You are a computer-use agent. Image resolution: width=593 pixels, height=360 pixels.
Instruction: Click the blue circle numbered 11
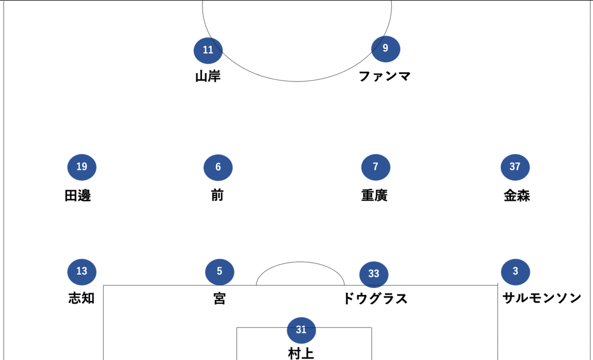208,50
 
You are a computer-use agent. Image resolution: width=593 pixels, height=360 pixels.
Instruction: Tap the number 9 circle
385,48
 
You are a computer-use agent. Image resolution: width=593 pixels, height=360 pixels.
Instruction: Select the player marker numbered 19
82,167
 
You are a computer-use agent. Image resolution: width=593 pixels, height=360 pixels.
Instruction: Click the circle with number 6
218,167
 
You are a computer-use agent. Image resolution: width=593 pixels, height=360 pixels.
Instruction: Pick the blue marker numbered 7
376,167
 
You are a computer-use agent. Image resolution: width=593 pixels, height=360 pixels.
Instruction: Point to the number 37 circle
515,167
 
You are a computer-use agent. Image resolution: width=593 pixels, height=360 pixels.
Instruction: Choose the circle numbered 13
82,271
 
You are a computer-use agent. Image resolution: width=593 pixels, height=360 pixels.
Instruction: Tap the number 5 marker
219,271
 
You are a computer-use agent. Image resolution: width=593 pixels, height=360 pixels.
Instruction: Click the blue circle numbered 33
374,274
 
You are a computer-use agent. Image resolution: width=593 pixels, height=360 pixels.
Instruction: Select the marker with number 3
515,271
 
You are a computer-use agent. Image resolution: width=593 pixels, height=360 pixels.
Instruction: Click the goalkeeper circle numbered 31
301,330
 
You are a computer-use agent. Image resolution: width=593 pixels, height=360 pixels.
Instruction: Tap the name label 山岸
208,77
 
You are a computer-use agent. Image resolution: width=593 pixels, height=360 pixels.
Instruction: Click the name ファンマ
384,77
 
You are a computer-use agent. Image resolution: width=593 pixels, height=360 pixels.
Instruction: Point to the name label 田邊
78,196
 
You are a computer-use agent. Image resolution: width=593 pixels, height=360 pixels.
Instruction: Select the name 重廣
374,196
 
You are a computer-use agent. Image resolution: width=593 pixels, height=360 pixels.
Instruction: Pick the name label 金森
517,196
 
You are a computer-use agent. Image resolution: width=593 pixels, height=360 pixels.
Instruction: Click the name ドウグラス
375,299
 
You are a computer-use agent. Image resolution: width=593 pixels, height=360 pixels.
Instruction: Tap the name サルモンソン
542,298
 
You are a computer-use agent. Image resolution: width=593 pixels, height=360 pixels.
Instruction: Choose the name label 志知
82,299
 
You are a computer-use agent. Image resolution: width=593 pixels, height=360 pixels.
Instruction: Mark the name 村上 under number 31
301,354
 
